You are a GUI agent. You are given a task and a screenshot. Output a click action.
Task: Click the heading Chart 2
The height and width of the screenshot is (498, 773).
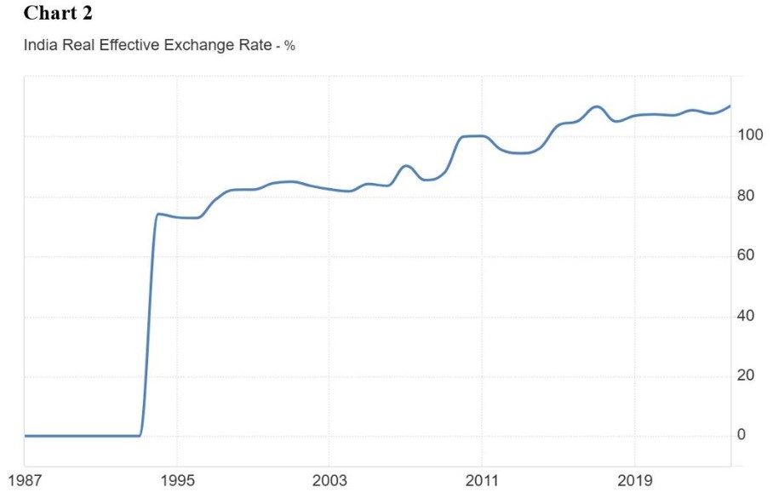pos(58,13)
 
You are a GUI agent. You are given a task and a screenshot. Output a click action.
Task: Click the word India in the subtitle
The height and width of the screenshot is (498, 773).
pos(41,45)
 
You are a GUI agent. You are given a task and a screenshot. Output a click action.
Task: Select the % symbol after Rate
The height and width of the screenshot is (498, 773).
pos(289,46)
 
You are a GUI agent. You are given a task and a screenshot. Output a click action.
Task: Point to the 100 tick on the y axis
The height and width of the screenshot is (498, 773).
pos(749,135)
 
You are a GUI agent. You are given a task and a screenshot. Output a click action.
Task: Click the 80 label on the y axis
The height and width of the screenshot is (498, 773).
pos(745,196)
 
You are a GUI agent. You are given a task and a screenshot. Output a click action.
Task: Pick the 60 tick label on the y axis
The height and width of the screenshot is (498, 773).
pos(745,255)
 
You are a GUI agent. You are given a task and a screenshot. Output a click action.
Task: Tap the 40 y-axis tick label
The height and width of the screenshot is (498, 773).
pos(745,316)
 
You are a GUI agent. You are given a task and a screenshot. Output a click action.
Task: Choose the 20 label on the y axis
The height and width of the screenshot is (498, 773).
pos(745,375)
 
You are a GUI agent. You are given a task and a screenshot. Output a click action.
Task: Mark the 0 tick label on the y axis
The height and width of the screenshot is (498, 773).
pos(742,435)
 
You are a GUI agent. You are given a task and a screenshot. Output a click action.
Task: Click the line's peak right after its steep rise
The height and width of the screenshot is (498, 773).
pos(158,214)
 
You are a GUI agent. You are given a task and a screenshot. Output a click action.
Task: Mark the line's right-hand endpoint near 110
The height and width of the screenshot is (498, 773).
pos(730,106)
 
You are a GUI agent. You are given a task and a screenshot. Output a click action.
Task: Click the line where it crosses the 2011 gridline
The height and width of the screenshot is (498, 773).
pos(482,136)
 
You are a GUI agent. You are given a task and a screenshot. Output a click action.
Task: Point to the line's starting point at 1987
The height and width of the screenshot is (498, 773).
pos(26,436)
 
